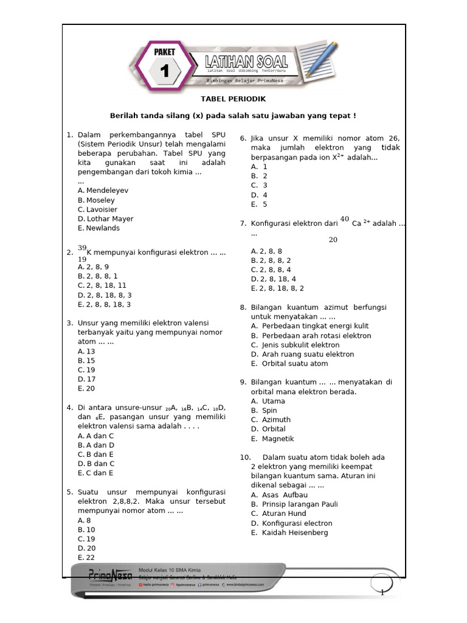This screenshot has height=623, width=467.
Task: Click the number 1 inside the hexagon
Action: coord(164,72)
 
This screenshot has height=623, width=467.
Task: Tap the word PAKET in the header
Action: coord(164,52)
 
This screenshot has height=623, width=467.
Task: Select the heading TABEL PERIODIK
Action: coord(233,99)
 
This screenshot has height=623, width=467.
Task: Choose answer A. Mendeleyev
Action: coord(103,190)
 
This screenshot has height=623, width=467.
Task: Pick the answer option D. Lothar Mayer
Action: coord(105,218)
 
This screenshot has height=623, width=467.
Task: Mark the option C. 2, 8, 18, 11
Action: coord(102,285)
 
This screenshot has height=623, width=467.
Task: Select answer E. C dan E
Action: coord(95,473)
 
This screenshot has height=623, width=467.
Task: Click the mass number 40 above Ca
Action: coord(345,219)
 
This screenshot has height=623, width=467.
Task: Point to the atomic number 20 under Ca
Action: coord(333,240)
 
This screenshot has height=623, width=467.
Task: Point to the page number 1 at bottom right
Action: coord(381,593)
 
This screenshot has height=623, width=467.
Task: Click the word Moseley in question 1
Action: coord(100,200)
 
